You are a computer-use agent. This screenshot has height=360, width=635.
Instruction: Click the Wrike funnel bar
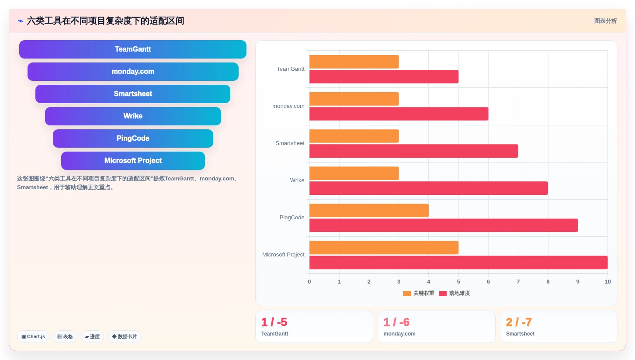(x=133, y=116)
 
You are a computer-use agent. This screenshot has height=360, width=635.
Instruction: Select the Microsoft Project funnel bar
(x=133, y=161)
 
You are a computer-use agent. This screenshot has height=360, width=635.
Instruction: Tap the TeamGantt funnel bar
(x=133, y=49)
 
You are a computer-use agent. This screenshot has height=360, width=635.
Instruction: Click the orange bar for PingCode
(x=369, y=210)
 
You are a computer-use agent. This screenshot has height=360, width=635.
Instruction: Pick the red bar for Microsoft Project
(x=458, y=263)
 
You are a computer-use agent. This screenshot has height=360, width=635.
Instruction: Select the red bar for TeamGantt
(x=384, y=76)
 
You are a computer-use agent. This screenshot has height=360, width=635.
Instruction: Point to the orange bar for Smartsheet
(x=354, y=136)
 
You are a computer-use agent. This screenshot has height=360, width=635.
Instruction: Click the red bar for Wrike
(x=429, y=188)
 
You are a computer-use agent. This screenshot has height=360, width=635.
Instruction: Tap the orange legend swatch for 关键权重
(x=407, y=294)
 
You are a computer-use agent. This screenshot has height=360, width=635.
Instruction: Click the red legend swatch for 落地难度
(x=443, y=294)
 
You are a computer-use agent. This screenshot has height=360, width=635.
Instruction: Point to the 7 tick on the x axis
(x=518, y=282)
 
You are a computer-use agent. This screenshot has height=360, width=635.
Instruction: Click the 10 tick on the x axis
(x=607, y=282)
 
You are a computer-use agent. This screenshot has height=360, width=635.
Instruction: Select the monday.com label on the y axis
(x=288, y=106)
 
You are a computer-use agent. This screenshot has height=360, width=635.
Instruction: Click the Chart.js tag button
(x=33, y=337)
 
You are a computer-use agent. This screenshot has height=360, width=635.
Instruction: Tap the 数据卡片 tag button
(x=125, y=337)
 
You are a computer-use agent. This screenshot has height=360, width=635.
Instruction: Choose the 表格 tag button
(x=65, y=337)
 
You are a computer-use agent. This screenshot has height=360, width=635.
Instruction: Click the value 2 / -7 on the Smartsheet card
(x=519, y=322)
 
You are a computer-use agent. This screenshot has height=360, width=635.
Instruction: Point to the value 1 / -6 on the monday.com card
(x=396, y=322)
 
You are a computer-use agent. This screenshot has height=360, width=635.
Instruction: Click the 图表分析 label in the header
(x=606, y=21)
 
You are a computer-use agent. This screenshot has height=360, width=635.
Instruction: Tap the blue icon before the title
(x=21, y=21)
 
